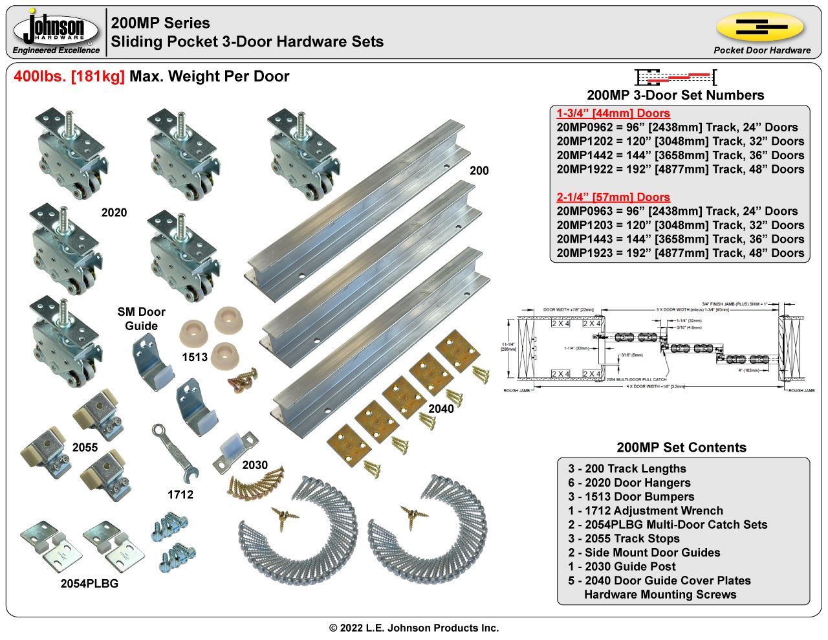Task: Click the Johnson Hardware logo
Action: tap(57, 31)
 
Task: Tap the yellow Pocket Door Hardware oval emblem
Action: tap(759, 27)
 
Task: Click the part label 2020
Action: tap(114, 213)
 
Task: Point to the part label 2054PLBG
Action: tap(89, 583)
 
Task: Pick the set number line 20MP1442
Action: tap(680, 155)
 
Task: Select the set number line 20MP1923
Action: tap(680, 253)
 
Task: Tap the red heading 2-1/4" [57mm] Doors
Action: tap(613, 197)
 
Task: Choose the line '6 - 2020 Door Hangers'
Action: tap(629, 483)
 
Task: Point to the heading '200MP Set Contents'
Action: tap(681, 447)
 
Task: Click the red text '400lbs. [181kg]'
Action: tap(69, 76)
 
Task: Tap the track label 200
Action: tap(479, 171)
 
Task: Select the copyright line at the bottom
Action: tap(414, 628)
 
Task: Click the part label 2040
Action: tap(441, 409)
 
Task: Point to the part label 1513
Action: tap(194, 357)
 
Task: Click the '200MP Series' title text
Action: tap(160, 23)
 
